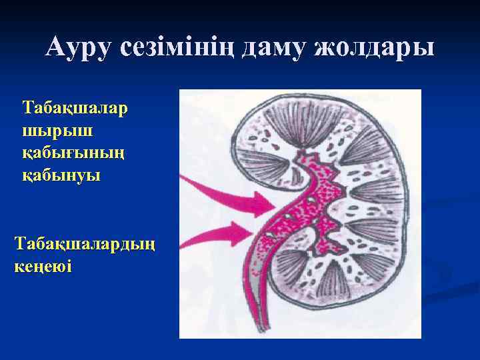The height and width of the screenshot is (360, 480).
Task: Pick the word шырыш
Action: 49,130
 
